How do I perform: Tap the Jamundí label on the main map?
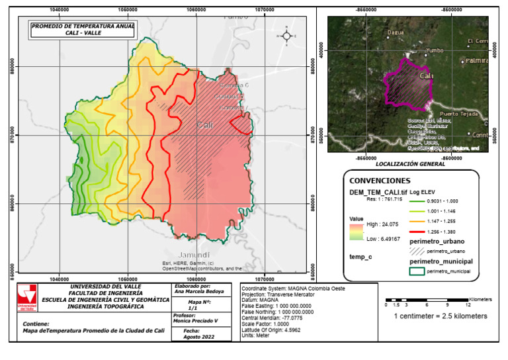(194, 255)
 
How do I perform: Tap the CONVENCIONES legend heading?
(380, 181)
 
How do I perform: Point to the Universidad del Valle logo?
(27, 298)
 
